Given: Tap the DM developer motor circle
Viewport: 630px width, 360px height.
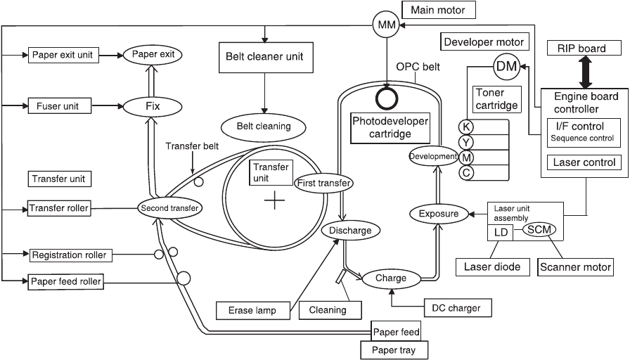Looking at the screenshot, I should [507, 66].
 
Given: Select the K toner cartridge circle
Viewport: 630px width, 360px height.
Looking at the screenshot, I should [465, 127].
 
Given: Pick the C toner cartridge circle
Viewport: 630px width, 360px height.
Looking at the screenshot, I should [465, 172].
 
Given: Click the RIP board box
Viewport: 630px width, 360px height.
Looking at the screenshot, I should [586, 49].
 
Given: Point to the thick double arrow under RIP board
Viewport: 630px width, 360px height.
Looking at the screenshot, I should [586, 71].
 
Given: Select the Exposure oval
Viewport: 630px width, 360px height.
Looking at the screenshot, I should [438, 213].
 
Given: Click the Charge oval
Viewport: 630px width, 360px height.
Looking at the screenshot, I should [391, 278].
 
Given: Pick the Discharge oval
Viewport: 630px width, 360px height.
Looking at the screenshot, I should [345, 230].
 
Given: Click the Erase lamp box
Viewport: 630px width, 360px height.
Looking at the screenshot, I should [252, 309].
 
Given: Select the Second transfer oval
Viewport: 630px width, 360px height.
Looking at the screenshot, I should [170, 208].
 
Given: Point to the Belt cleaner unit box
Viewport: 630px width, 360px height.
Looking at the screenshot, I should [264, 56].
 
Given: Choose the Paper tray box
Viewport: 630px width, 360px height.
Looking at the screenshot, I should [393, 349].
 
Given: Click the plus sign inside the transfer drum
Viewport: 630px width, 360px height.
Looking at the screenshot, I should [274, 202].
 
